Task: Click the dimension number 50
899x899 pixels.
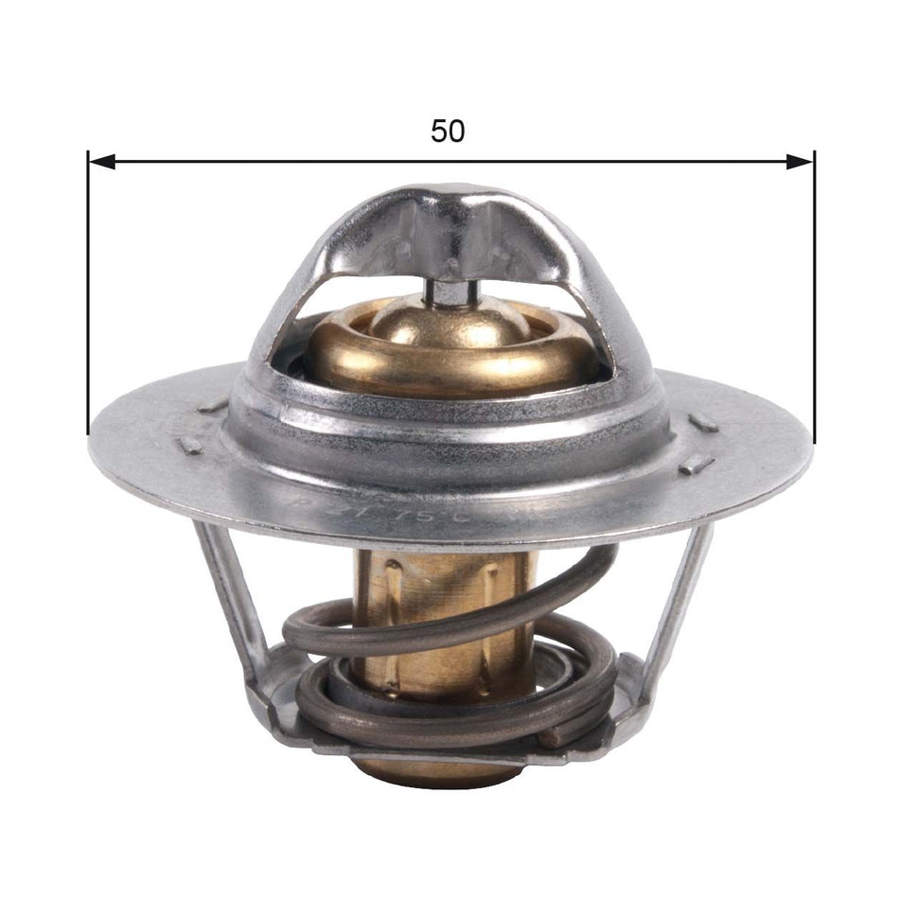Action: [x=448, y=132]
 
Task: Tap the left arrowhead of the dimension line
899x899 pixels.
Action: [x=100, y=162]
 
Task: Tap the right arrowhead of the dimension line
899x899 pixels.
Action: [x=801, y=162]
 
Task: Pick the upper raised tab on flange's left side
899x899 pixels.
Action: [x=214, y=406]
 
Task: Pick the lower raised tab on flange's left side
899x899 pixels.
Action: [x=189, y=446]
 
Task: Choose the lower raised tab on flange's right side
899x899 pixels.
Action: [x=696, y=465]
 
